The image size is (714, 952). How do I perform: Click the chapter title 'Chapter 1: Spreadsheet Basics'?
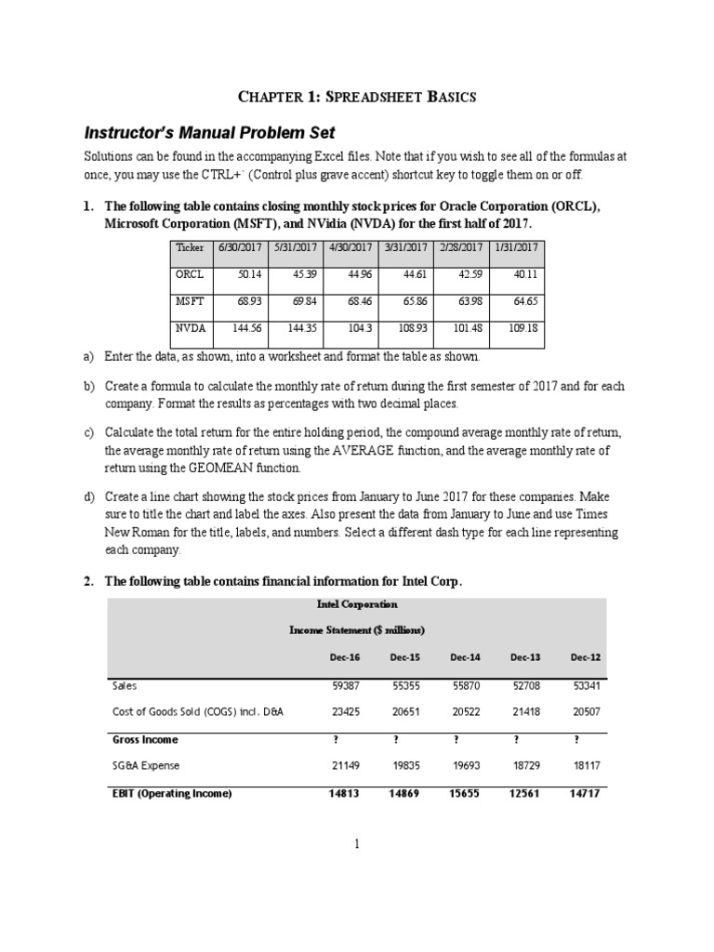tap(356, 96)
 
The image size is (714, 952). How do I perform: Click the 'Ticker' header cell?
tap(190, 247)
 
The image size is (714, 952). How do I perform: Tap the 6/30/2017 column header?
tap(240, 247)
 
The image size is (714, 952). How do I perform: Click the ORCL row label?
tap(189, 275)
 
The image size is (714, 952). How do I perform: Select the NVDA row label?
tap(191, 328)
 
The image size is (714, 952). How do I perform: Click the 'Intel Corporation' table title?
tap(357, 604)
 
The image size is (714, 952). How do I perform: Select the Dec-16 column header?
tap(345, 656)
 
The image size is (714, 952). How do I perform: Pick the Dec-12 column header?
tap(585, 656)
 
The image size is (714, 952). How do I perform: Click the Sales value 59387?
tap(346, 686)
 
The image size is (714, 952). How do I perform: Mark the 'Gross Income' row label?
tap(145, 739)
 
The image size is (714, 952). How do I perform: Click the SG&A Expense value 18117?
tap(585, 765)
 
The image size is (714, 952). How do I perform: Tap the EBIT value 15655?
tap(465, 793)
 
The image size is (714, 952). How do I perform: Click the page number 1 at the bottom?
tap(356, 843)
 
